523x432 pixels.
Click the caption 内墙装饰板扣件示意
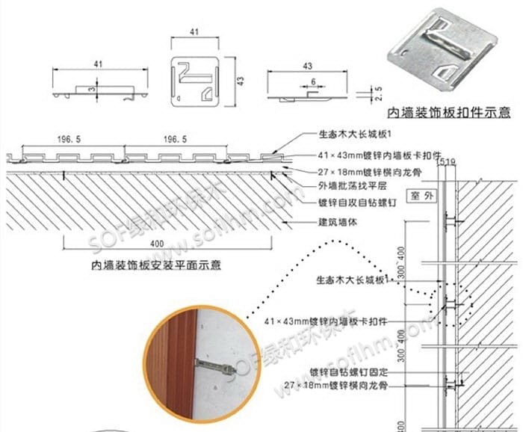[x=448, y=113]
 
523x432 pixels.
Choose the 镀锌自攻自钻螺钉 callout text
[x=349, y=203]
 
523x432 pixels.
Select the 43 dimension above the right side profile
[x=307, y=66]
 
